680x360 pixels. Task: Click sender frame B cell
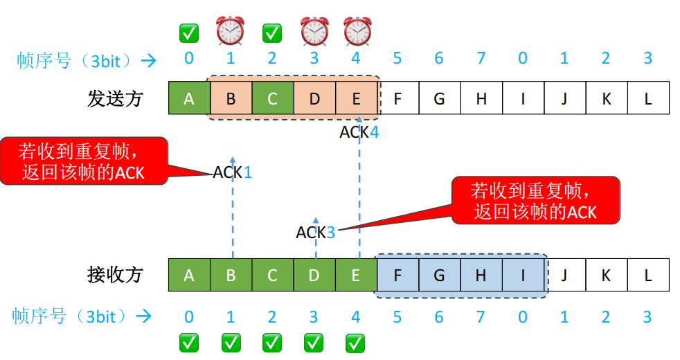231,98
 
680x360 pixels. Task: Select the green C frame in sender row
272,98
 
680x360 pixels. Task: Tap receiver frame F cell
397,275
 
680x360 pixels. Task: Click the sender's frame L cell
648,98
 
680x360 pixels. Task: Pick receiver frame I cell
523,275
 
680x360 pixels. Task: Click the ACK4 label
359,132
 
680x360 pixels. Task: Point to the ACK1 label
233,172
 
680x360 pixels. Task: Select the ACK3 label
316,233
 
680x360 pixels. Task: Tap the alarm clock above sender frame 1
231,31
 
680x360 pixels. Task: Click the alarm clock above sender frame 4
357,31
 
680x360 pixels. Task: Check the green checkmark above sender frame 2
272,33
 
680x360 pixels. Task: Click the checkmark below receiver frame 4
355,342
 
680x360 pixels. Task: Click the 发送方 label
115,98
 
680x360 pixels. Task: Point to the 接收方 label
115,275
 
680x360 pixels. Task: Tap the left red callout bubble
84,161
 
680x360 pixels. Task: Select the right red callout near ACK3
535,200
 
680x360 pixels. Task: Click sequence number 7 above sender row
481,58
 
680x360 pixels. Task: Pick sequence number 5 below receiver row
397,317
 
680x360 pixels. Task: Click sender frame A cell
189,98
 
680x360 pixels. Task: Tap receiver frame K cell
606,275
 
